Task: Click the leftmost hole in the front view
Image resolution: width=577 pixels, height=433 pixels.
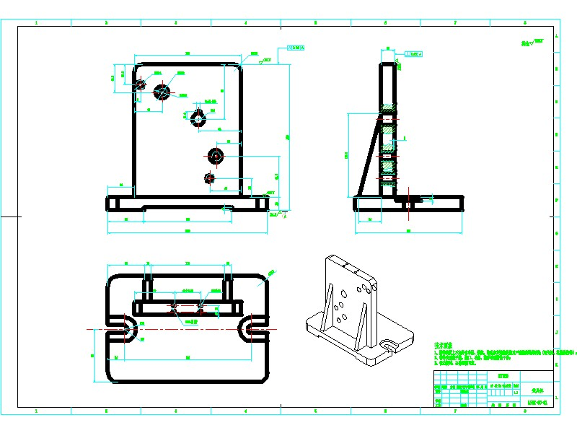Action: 140,84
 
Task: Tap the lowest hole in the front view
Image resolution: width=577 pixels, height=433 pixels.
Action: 210,178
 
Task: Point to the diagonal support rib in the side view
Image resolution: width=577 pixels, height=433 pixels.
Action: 369,155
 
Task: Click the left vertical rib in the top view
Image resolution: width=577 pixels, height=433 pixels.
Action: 149,289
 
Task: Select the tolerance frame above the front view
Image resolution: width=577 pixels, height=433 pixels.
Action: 296,49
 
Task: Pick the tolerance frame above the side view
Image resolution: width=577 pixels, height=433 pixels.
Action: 414,54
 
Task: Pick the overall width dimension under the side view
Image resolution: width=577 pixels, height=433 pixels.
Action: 408,232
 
